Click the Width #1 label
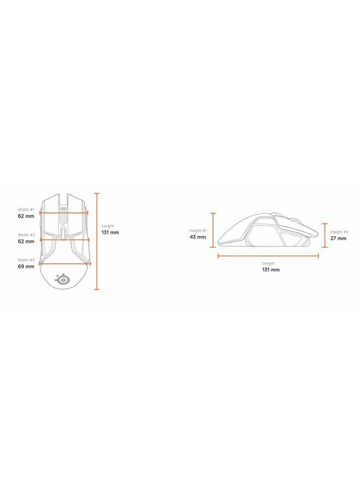(x=26, y=209)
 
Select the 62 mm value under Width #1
(x=26, y=216)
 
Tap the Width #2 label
(x=26, y=235)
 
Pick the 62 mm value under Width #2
(x=26, y=242)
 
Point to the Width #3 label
(x=26, y=260)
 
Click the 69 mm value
(x=26, y=266)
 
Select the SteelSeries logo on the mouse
(x=62, y=279)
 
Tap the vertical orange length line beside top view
(x=97, y=242)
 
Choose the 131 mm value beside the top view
(x=110, y=232)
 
